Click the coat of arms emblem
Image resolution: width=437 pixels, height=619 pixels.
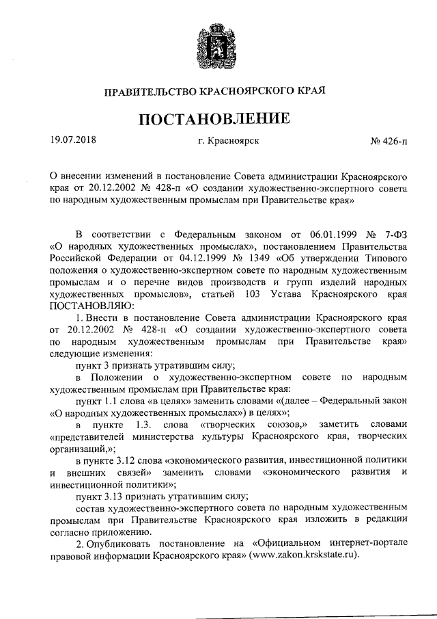(217, 42)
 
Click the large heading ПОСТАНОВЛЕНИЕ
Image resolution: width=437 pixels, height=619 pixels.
(218, 118)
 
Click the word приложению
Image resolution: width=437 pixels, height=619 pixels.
(130, 531)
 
